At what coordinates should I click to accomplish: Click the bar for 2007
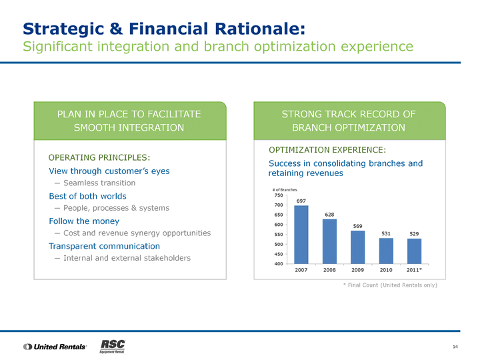tap(301, 235)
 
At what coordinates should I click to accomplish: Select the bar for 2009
tap(357, 247)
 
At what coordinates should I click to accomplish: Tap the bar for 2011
tap(414, 251)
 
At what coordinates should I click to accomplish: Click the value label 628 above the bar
tap(329, 215)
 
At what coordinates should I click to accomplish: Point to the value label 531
tap(386, 233)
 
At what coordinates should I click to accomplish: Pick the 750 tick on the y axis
tap(279, 195)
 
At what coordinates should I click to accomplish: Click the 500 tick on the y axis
tap(279, 244)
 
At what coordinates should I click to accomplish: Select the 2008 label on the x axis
tap(329, 270)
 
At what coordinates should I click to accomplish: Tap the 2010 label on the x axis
tap(386, 270)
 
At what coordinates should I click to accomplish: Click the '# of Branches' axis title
tap(285, 190)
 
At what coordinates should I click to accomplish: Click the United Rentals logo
tap(55, 347)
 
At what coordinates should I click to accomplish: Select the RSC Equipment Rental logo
tap(113, 346)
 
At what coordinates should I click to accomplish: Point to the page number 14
tap(455, 347)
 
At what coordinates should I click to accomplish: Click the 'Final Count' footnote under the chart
tap(390, 285)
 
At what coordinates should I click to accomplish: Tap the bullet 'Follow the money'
tap(84, 221)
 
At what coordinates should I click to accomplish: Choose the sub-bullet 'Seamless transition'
tap(99, 183)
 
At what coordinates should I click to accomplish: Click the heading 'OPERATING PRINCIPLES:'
tap(99, 157)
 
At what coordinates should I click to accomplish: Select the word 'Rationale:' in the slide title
tap(260, 29)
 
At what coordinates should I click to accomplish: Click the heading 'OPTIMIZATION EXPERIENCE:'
tap(327, 150)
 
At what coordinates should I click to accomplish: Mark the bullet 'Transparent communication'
tap(105, 246)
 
